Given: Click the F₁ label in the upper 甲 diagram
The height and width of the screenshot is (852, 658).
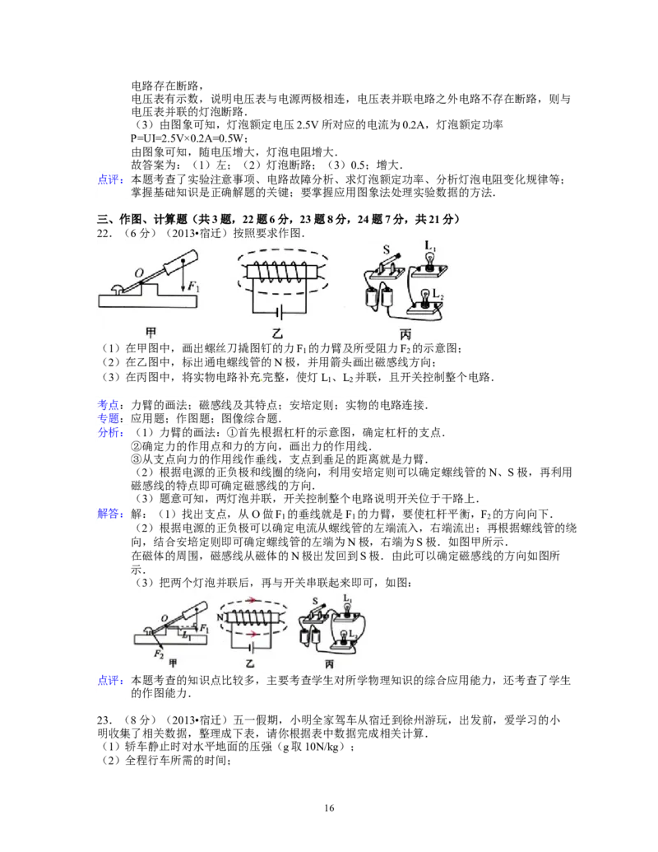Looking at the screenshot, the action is point(192,286).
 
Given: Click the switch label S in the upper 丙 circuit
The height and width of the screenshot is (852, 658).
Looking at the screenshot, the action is point(387,249).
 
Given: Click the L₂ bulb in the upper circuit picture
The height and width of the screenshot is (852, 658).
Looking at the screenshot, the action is point(425,298).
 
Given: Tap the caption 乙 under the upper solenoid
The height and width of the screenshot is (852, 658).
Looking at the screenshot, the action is point(278,333).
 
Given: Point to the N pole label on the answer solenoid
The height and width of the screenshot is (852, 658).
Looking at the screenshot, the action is point(220,617).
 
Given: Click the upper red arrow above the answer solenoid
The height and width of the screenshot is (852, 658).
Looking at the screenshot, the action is point(253,600).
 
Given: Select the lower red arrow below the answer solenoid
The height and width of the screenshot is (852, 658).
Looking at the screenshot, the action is point(253,634).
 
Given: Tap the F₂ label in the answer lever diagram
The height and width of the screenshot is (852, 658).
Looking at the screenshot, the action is point(158,654).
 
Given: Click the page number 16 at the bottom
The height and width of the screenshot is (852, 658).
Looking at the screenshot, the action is point(329,808).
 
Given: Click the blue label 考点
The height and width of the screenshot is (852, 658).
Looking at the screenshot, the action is point(108,405).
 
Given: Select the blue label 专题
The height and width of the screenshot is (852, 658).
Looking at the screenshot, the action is point(108,418).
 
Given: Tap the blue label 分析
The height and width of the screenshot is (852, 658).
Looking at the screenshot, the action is point(108,432).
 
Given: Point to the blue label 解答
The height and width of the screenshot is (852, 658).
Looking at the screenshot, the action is point(108,514).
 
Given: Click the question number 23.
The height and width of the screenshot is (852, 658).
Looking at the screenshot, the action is point(103,720).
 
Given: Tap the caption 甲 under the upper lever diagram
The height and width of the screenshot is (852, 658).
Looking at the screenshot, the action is point(151,333).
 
